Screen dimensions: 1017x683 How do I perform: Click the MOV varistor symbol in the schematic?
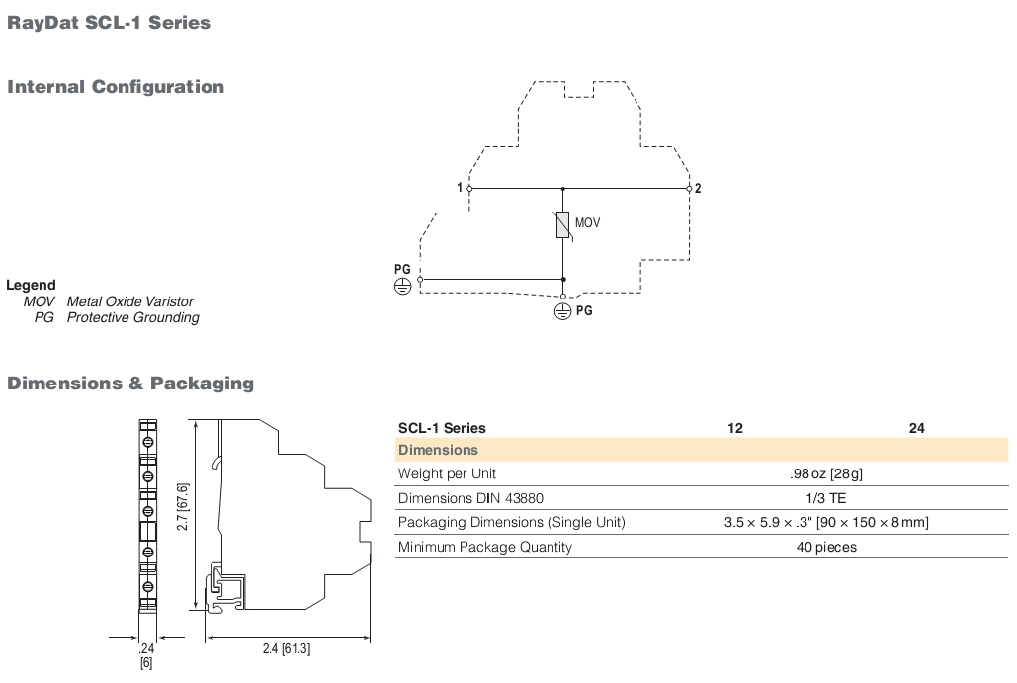563,224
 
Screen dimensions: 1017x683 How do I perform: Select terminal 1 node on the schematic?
469,189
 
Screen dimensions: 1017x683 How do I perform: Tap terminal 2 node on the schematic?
689,189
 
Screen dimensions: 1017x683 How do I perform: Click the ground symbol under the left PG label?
403,286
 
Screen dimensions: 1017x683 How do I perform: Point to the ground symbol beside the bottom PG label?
562,312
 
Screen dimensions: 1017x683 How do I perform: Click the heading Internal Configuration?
116,87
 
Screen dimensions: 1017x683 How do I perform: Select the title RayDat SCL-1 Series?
109,23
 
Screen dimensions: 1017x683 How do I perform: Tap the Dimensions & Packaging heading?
130,384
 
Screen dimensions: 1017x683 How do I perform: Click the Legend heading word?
31,285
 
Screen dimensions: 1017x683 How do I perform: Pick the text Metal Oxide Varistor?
129,301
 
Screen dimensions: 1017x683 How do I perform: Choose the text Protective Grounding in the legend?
133,318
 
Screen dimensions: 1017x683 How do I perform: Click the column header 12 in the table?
735,428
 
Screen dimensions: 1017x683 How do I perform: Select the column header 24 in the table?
916,428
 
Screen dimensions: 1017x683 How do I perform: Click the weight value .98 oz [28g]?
826,474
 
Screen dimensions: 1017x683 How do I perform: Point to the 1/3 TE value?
826,498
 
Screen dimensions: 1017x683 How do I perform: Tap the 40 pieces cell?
826,547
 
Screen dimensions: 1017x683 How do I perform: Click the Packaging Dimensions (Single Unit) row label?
512,522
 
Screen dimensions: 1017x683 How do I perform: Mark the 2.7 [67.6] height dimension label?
182,507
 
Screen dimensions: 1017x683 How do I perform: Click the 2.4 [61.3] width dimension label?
286,648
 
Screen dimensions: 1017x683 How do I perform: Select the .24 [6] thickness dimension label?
146,655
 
